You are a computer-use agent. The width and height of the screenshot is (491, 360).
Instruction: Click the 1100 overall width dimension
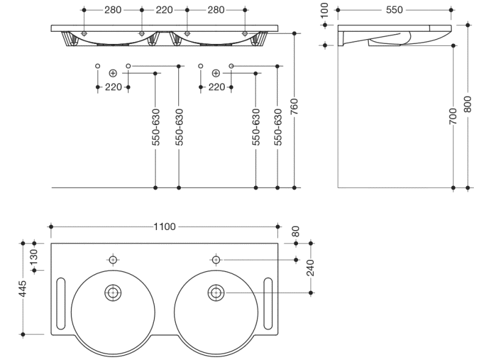[164, 226]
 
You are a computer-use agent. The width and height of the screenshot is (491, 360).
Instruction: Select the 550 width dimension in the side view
[394, 10]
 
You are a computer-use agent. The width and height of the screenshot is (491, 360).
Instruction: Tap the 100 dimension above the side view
[324, 10]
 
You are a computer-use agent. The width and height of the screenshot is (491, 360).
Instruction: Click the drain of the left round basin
[113, 292]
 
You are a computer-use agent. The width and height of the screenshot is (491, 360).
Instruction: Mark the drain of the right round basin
[215, 292]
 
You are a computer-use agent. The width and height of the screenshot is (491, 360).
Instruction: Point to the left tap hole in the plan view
[113, 259]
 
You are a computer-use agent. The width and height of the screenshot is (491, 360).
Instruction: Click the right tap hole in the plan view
[215, 259]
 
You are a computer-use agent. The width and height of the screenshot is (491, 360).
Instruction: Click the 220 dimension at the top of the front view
[164, 10]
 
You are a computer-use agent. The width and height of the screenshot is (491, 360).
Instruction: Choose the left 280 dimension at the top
[112, 10]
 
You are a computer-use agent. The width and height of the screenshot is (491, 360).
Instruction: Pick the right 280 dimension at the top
[216, 10]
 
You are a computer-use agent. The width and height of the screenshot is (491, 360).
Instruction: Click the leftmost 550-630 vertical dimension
[156, 127]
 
